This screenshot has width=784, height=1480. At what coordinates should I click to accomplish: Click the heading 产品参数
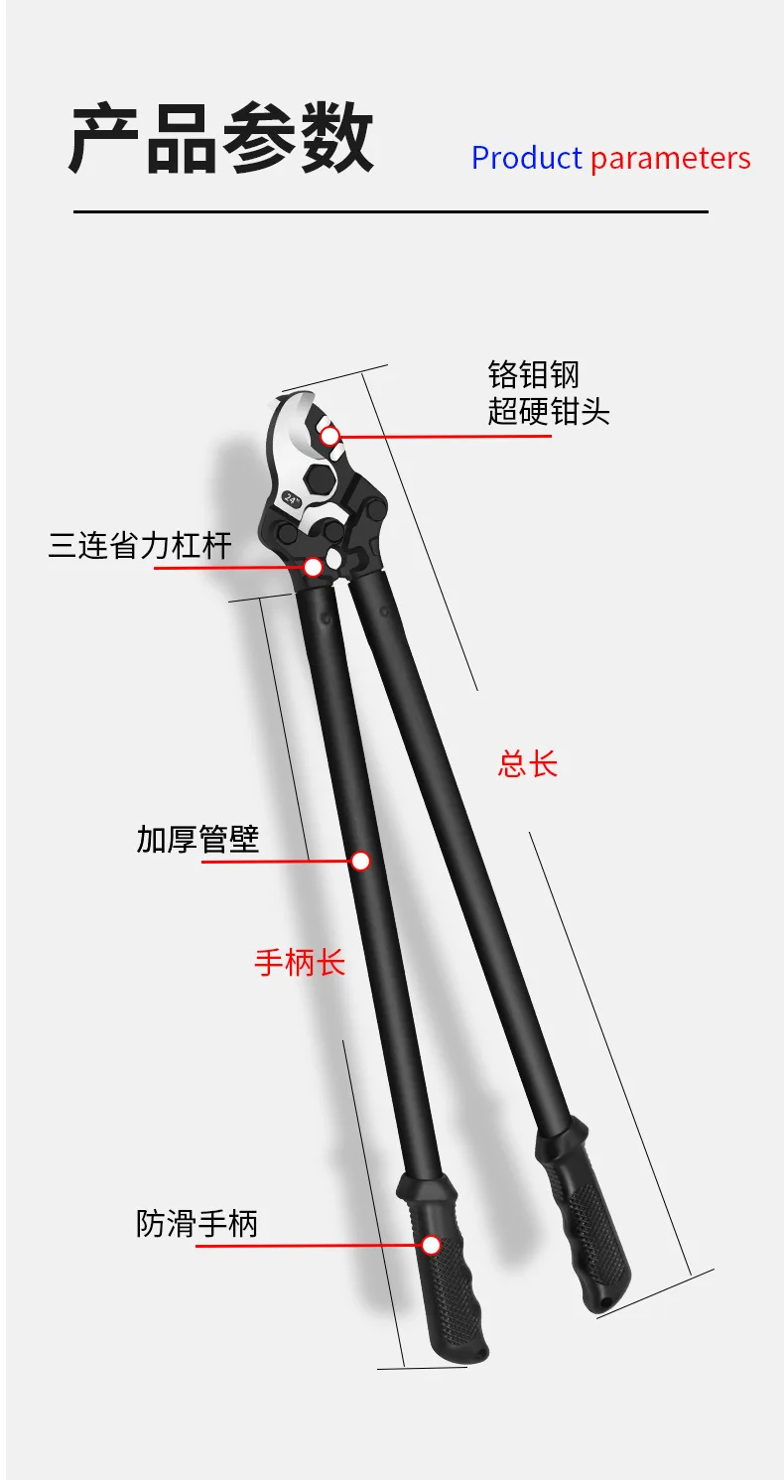221,138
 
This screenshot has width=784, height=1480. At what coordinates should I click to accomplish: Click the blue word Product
526,159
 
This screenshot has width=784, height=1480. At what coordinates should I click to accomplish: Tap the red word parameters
671,159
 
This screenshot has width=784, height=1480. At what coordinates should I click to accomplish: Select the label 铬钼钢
533,374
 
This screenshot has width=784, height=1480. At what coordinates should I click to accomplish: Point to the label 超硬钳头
548,411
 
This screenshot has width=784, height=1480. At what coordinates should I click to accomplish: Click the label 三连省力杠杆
139,546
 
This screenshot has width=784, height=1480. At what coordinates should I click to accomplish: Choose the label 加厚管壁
197,839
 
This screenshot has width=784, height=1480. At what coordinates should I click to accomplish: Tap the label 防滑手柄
196,1224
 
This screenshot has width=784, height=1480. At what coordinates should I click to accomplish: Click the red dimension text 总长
528,764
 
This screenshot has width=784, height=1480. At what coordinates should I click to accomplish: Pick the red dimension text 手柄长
300,962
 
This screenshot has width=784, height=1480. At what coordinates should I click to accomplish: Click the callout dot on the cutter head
330,436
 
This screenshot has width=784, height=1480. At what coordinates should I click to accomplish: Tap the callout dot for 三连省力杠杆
313,567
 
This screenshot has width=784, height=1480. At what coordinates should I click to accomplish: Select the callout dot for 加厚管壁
360,861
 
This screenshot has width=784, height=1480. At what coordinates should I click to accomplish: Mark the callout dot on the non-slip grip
431,1246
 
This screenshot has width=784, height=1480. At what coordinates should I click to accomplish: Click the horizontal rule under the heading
390,212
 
